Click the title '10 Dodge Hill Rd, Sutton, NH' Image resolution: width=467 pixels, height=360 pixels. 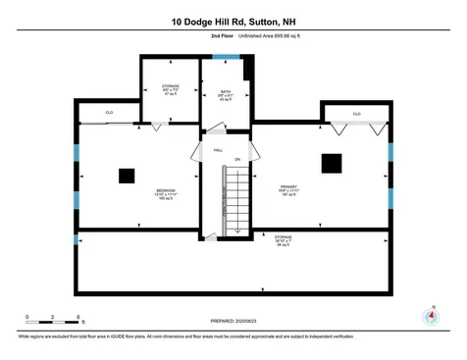233,20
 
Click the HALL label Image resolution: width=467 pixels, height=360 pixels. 218,150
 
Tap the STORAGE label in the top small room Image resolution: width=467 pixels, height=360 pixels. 170,88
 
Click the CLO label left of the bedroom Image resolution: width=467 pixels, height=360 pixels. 109,114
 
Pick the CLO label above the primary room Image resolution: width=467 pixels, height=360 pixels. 356,114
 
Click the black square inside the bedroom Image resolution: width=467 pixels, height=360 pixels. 126,176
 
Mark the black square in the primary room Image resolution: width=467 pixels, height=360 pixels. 334,163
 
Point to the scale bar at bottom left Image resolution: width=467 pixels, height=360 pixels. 53,317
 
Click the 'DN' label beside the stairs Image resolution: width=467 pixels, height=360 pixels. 237,159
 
